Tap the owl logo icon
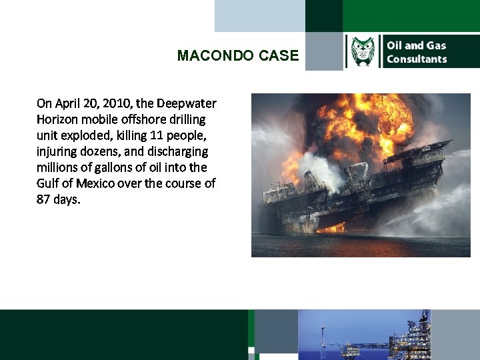pos(363,52)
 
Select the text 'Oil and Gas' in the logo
pos(416,45)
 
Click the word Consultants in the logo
pos(417,59)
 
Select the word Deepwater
pos(187,103)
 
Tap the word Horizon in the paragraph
pos(58,119)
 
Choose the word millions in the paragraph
pos(59,167)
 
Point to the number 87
pos(45,199)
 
